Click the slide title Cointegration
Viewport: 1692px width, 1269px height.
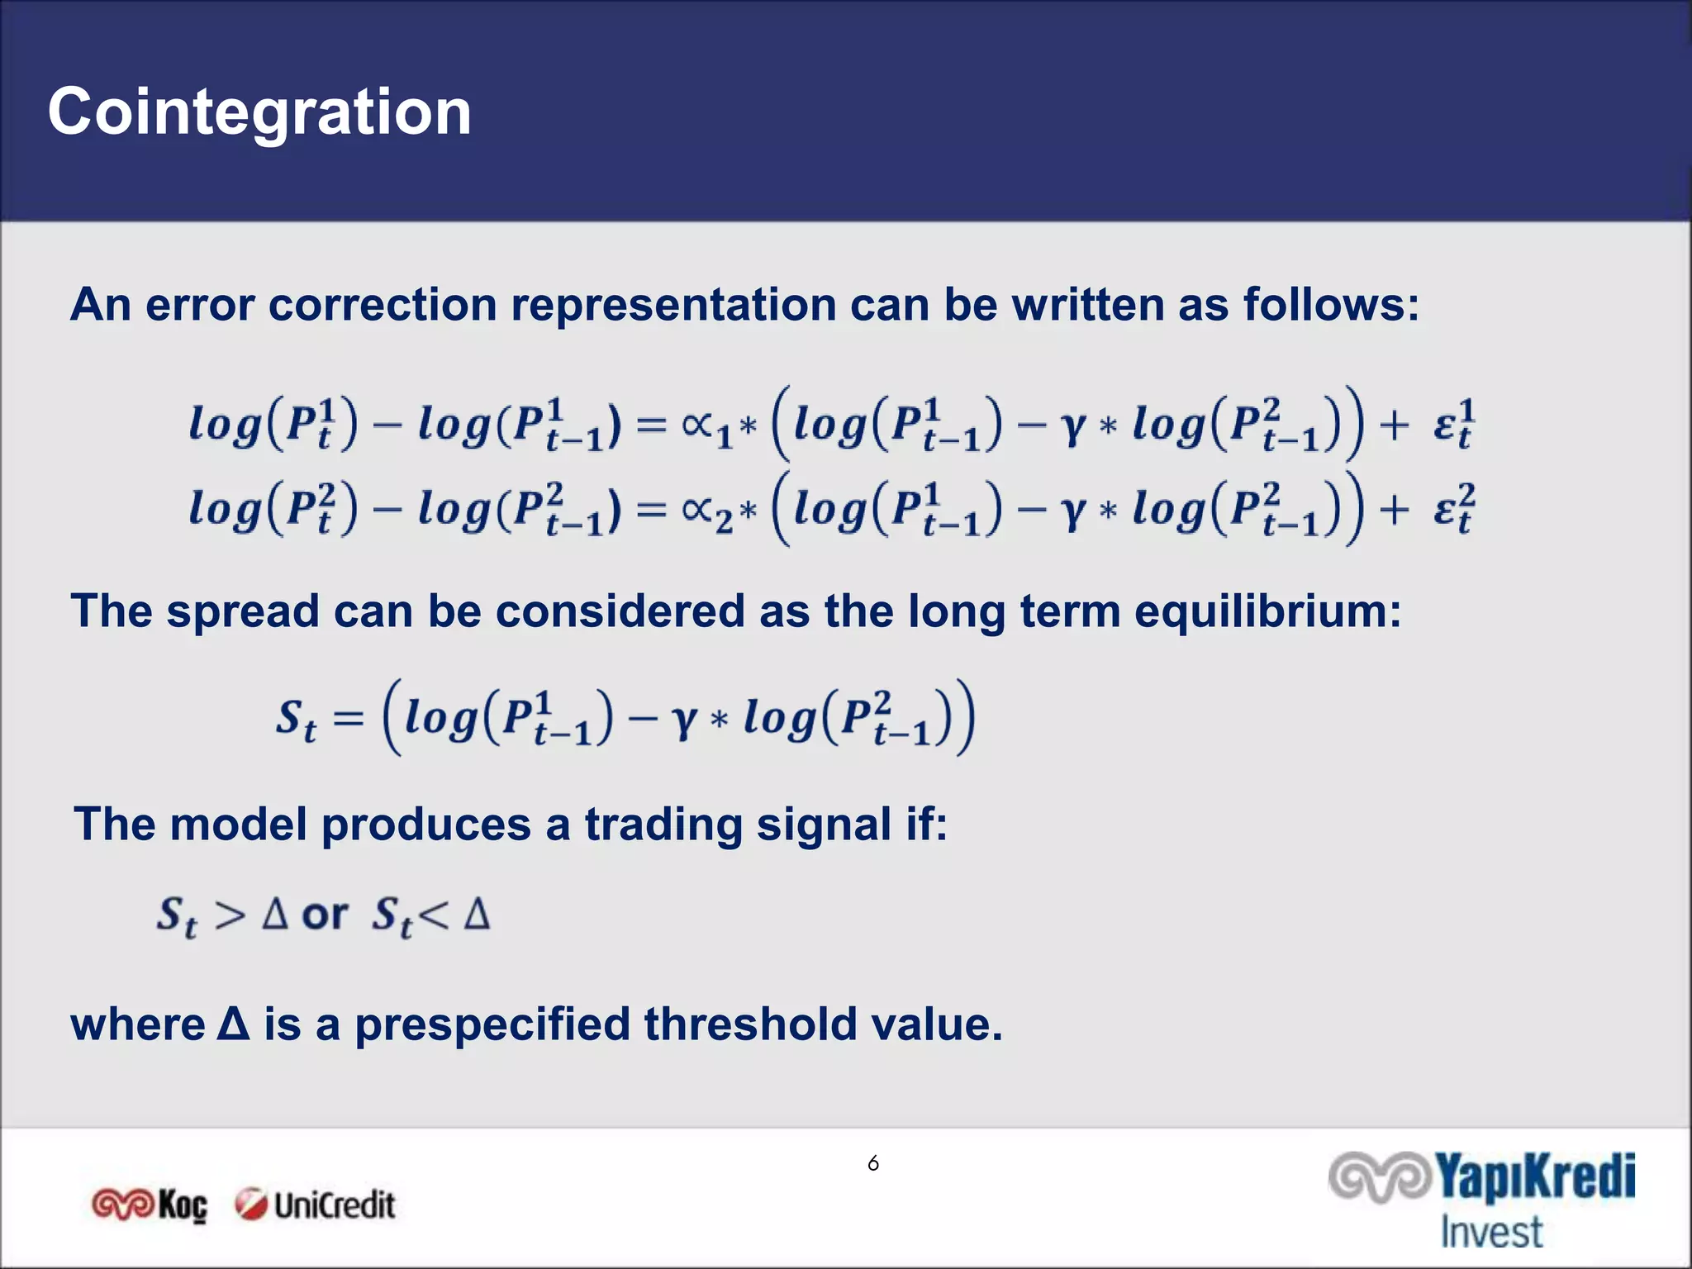click(259, 112)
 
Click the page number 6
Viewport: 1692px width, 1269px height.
click(873, 1163)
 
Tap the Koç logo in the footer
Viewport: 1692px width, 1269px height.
click(150, 1205)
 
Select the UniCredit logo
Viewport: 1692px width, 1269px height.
click(315, 1205)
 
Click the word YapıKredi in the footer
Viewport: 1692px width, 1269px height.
click(1534, 1177)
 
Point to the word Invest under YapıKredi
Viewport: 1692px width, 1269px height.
click(1491, 1232)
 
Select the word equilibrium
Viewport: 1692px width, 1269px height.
click(1267, 611)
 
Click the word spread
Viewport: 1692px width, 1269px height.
click(242, 611)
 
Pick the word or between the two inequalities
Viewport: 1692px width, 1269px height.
click(325, 914)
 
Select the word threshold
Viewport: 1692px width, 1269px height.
click(750, 1024)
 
